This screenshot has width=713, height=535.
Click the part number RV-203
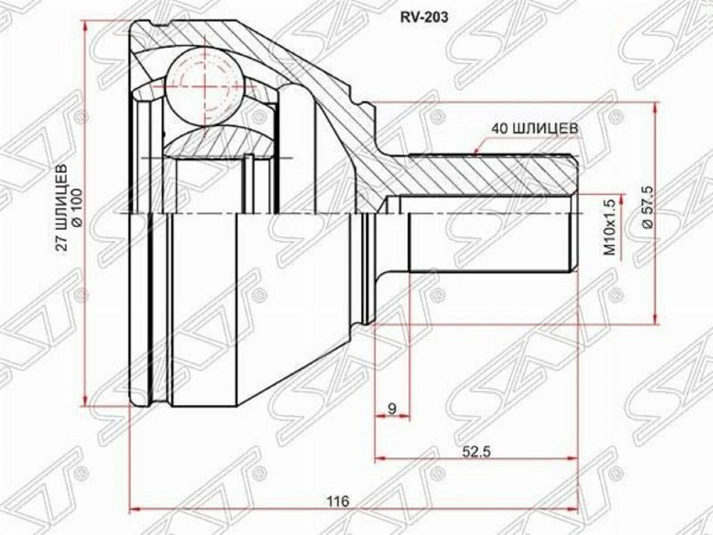coord(424,17)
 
